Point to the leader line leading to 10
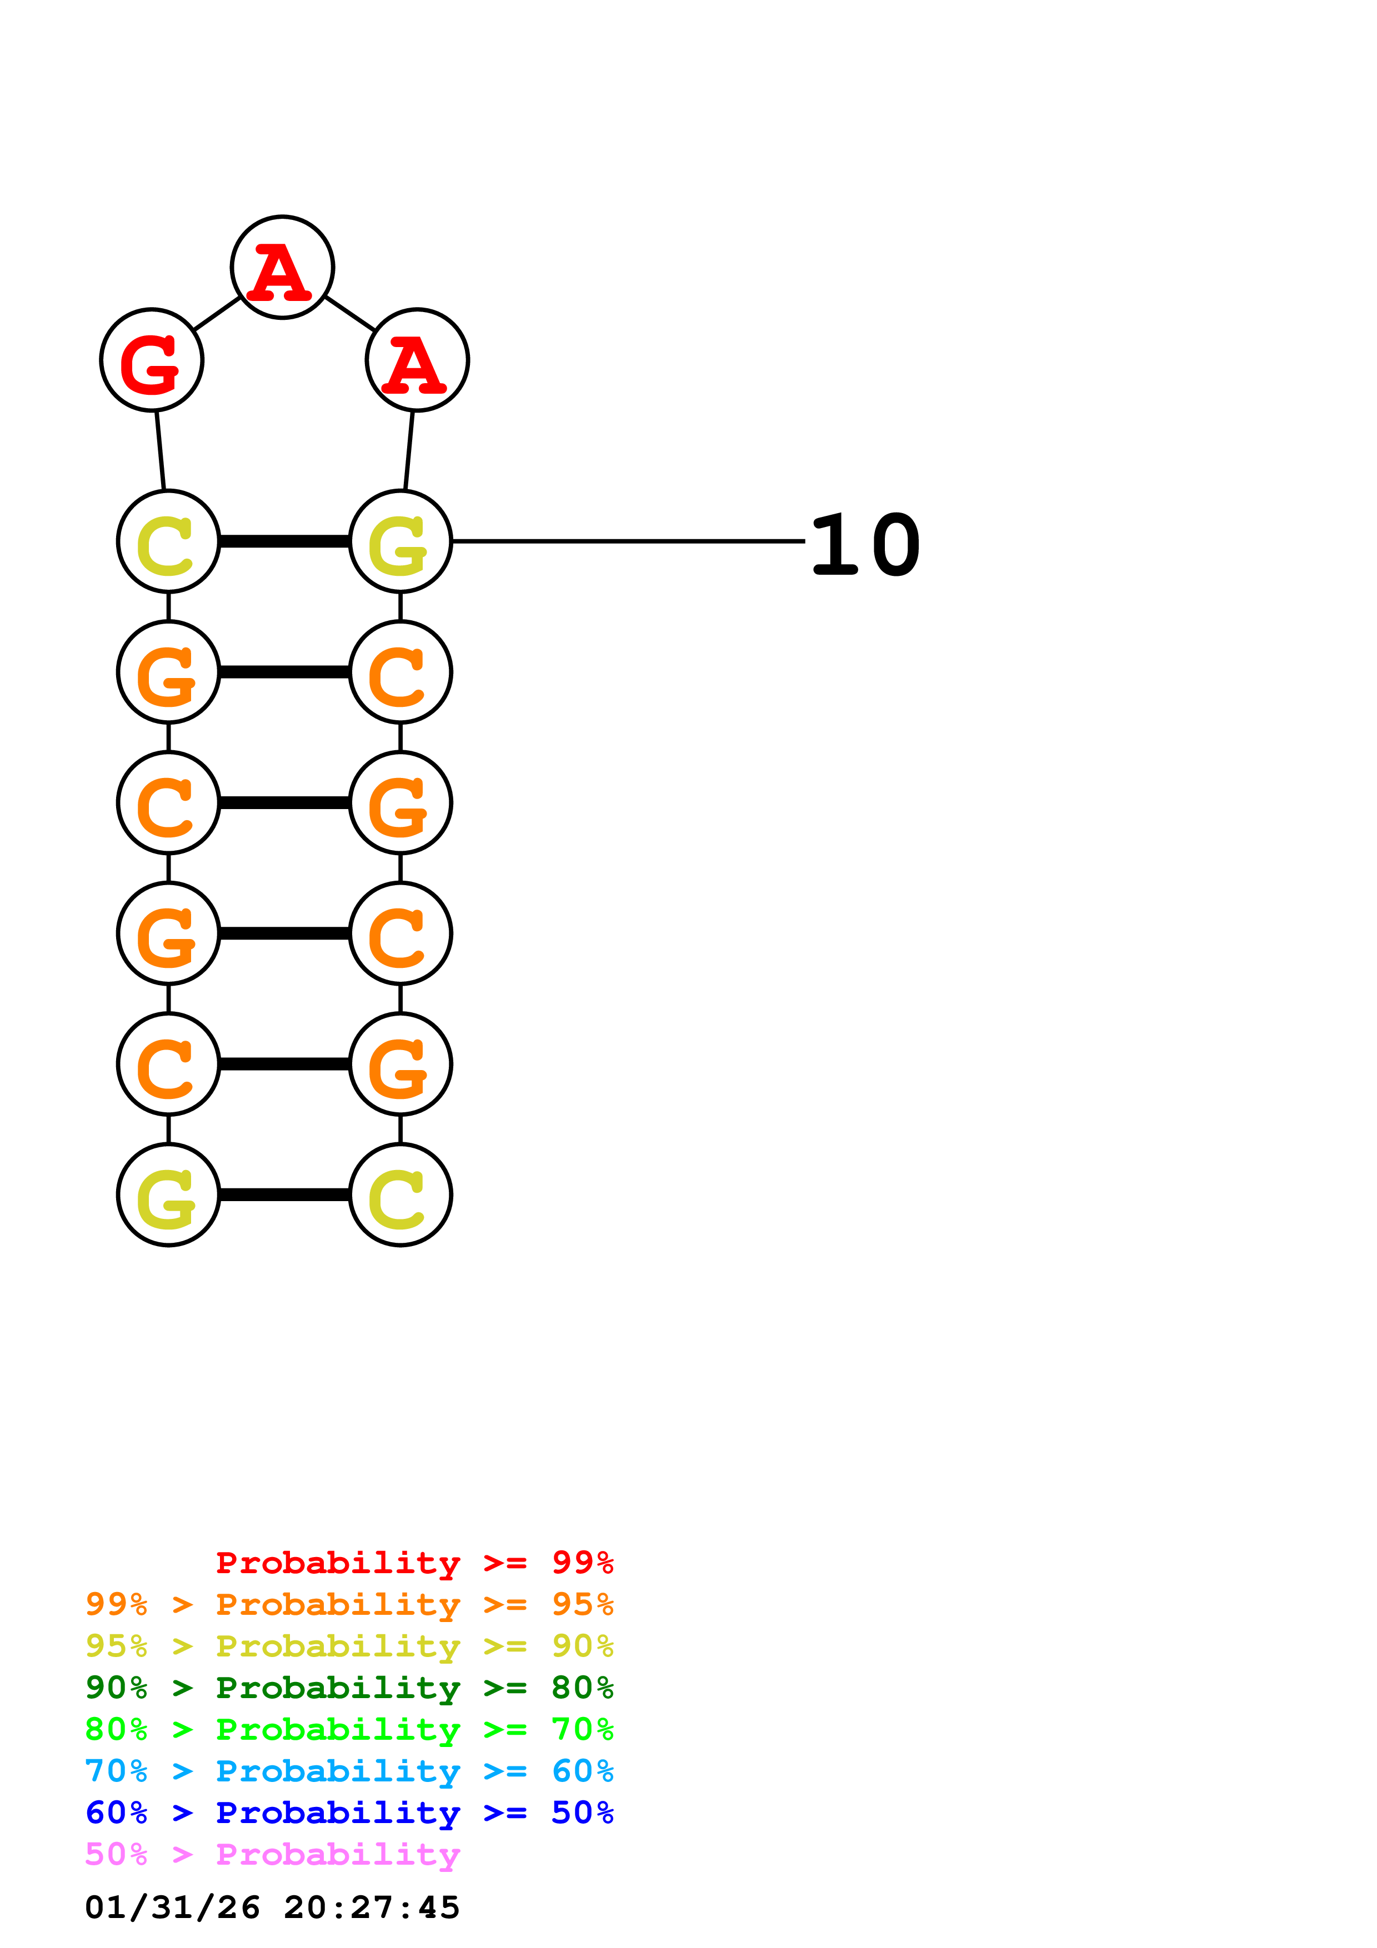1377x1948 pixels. click(628, 540)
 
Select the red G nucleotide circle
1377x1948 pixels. click(152, 360)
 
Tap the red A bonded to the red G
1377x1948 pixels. click(283, 267)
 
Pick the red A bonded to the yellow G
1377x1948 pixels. click(417, 360)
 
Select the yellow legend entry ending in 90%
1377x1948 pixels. click(349, 1646)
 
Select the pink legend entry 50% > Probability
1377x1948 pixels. click(272, 1854)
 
